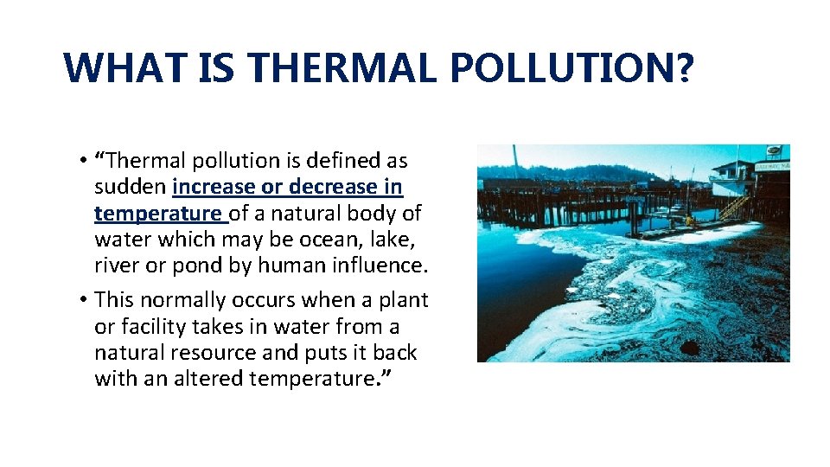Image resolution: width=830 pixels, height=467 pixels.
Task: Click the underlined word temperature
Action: [157, 213]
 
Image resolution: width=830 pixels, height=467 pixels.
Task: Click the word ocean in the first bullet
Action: [321, 239]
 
